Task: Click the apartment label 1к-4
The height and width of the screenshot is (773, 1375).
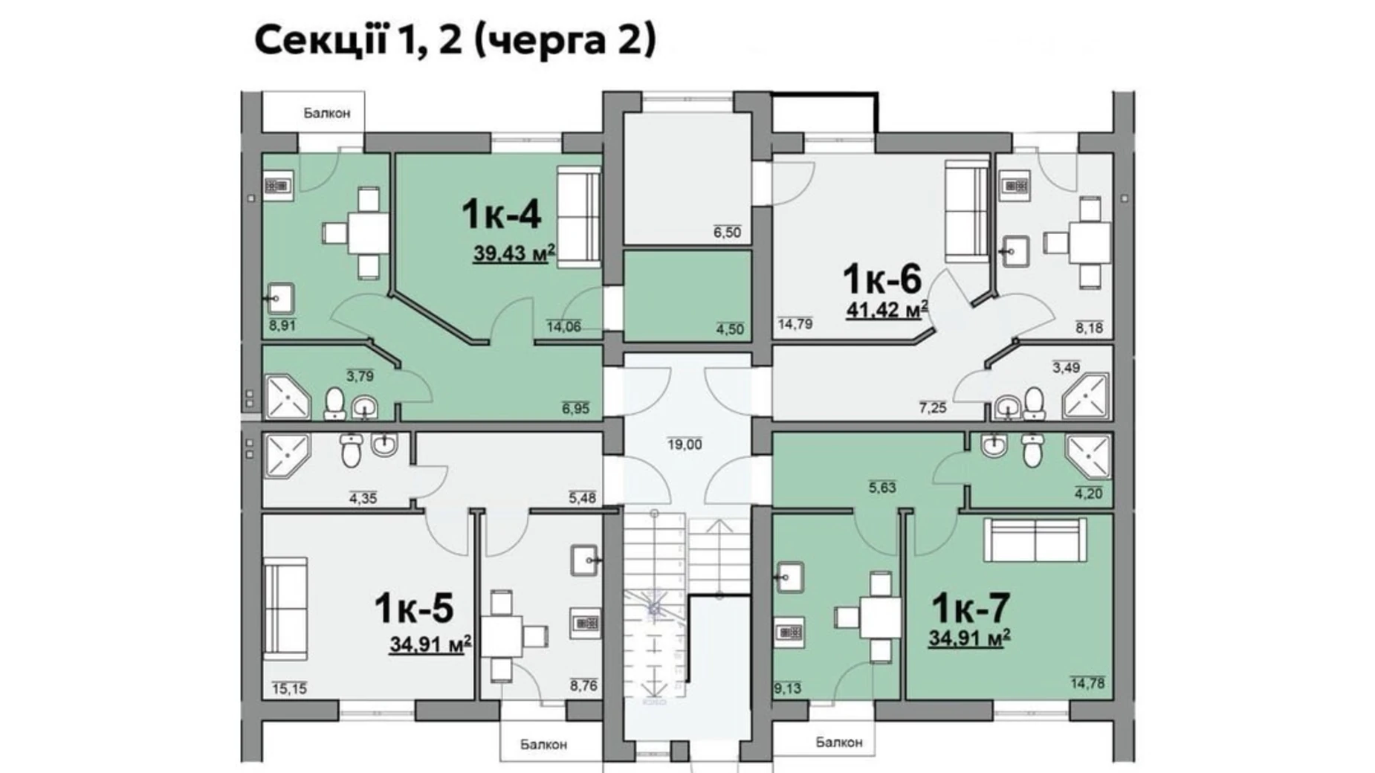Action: [501, 214]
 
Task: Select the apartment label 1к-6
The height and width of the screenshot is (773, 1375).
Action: [881, 279]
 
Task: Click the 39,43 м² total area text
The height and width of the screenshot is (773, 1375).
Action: [514, 254]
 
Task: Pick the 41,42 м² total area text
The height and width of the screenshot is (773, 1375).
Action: [887, 309]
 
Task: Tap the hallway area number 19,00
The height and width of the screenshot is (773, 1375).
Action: [685, 444]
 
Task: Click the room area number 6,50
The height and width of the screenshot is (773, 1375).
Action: [727, 232]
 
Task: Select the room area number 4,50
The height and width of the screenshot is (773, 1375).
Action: [730, 329]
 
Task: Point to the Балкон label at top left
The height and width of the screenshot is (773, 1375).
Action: [326, 113]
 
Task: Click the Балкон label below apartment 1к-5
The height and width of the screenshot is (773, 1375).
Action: [543, 744]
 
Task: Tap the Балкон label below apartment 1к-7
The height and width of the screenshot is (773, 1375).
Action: [839, 742]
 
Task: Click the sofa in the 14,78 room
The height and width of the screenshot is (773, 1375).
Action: [1035, 540]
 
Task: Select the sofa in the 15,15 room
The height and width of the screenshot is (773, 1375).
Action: [285, 609]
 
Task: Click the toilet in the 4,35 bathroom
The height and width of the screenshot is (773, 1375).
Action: [351, 450]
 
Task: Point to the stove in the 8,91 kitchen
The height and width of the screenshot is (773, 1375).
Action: [277, 185]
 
